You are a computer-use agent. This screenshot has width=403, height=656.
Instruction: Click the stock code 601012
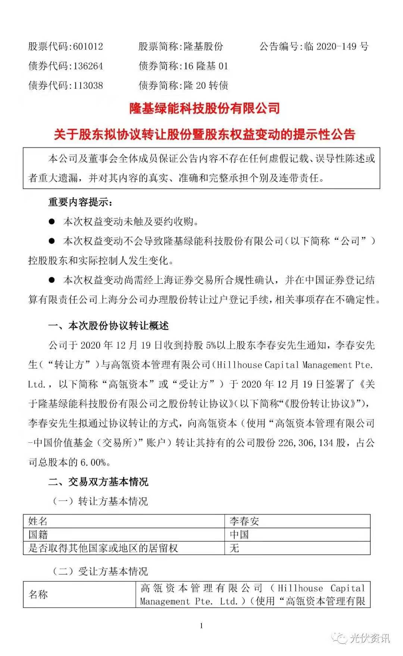[x=88, y=47]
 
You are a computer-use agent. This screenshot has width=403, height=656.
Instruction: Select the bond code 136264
[x=88, y=66]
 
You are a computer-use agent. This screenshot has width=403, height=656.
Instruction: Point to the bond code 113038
[x=88, y=85]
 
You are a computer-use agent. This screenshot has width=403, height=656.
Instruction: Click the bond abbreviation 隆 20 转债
[x=206, y=85]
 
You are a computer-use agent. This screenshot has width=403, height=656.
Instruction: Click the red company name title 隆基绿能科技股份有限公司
[x=204, y=109]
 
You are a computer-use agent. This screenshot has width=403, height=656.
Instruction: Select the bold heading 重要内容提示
[x=80, y=202]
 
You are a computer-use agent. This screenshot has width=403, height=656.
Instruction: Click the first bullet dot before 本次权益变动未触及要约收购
[x=52, y=222]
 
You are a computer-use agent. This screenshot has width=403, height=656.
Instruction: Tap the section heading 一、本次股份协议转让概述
[x=109, y=326]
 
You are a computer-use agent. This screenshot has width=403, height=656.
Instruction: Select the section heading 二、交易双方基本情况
[x=99, y=482]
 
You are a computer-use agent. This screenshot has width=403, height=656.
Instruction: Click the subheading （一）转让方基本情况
[x=100, y=501]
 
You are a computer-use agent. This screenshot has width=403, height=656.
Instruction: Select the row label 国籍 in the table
[x=38, y=535]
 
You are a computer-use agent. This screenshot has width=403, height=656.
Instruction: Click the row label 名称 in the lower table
[x=38, y=594]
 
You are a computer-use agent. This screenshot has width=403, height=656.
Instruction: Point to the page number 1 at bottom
[x=201, y=626]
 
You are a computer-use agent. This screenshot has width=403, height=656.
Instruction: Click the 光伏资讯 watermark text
[x=369, y=638]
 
